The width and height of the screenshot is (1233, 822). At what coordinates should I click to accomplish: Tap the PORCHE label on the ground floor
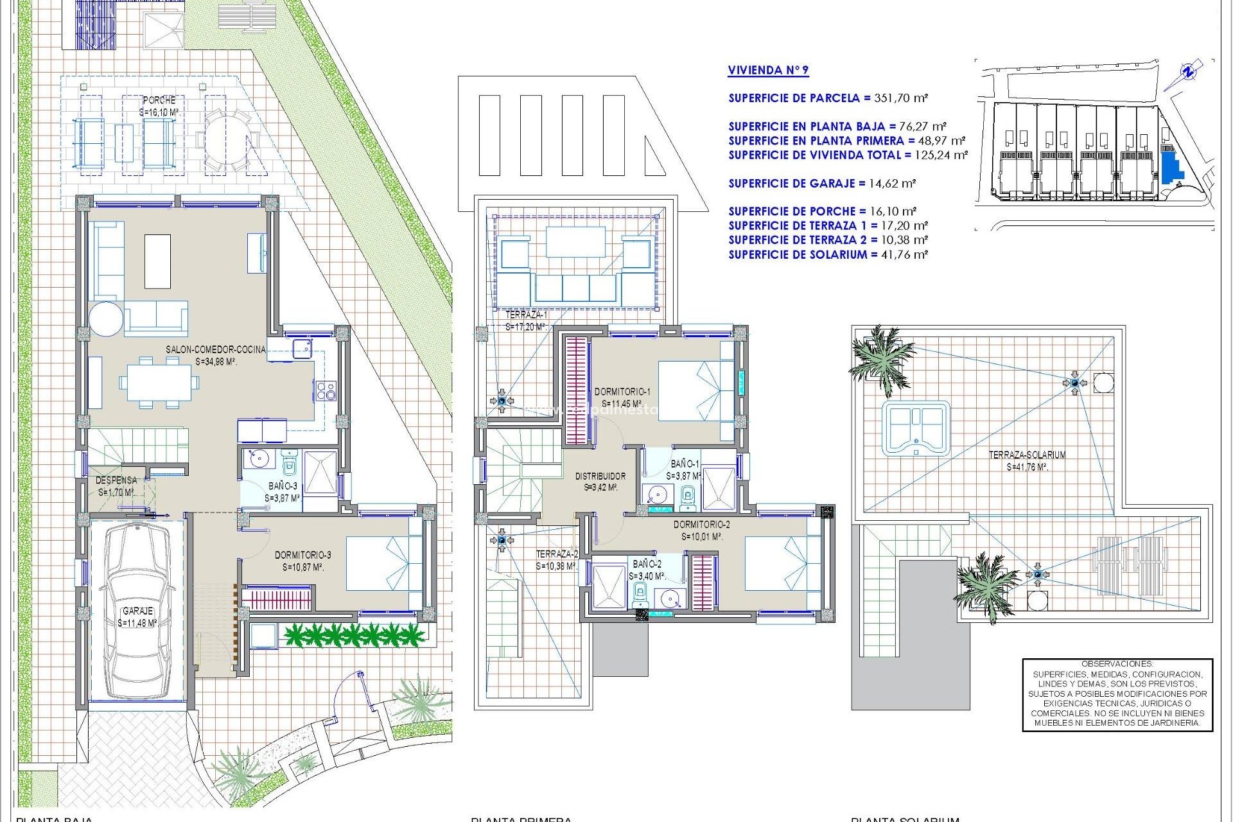click(159, 100)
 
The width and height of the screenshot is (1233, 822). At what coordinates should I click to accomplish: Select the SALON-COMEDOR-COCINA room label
click(215, 349)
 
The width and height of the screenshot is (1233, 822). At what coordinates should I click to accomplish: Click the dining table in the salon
click(159, 383)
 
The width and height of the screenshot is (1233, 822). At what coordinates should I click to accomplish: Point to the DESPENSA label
click(116, 480)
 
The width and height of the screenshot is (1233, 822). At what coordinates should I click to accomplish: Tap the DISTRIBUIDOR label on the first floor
click(600, 476)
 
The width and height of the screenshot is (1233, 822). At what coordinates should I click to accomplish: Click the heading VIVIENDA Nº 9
click(768, 70)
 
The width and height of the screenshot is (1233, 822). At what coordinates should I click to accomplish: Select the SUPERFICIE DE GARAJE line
click(821, 183)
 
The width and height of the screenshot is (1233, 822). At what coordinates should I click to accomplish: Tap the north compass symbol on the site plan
click(1188, 73)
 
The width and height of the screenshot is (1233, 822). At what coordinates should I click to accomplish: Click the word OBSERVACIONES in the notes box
click(1117, 664)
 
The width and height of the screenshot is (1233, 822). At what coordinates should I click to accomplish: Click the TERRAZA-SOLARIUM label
click(1027, 455)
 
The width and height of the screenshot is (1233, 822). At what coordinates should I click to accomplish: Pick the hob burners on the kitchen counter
click(325, 390)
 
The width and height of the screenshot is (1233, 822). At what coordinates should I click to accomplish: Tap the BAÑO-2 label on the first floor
click(647, 564)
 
